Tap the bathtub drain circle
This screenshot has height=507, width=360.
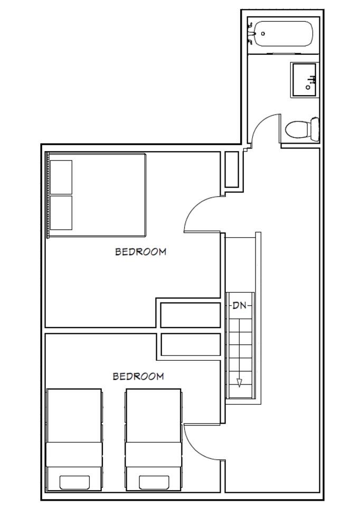pos(263,34)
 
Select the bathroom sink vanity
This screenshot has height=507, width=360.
pos(305,80)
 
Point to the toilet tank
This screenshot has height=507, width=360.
pos(315,129)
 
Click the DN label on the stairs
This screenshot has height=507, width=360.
pos(240,305)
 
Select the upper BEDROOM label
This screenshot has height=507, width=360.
pos(140,251)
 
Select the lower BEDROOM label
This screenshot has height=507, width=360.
pos(138,376)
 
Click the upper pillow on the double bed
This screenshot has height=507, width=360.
pos(61,177)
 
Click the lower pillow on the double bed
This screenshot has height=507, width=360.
pos(61,213)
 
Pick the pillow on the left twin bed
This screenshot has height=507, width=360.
pos(74,482)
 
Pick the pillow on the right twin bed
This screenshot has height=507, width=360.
pos(154,482)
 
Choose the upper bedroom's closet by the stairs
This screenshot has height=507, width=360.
pos(191,315)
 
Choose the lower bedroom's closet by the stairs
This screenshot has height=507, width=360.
pos(191,345)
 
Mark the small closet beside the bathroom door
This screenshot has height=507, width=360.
pos(231,170)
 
